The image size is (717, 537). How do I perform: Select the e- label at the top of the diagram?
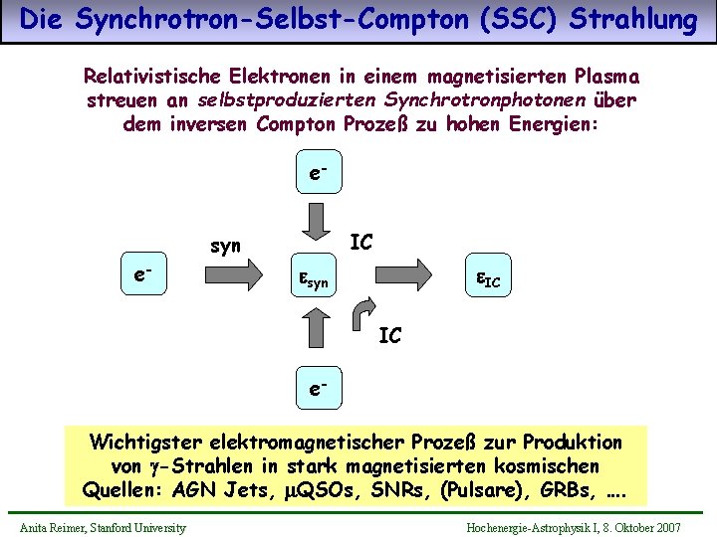pos(317,173)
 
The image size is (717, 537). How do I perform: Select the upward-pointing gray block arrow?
pos(318,327)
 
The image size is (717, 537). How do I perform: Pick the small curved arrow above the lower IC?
pos(365,310)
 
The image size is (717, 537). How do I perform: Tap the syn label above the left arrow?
pos(225,246)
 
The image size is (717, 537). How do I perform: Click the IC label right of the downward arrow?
pos(361,241)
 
